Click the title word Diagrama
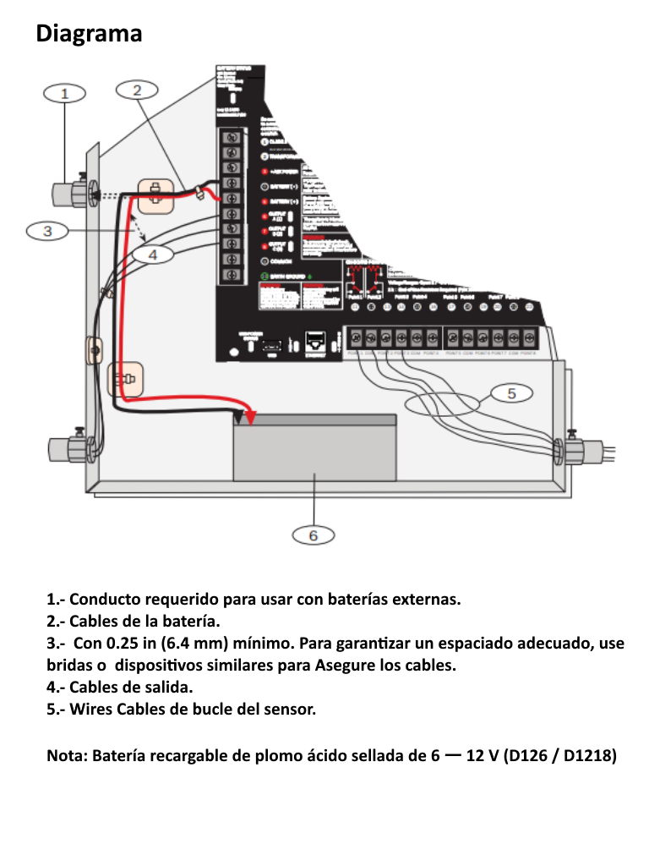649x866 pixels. point(89,34)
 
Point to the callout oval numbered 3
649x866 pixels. point(48,231)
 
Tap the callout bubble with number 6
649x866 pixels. point(313,535)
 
